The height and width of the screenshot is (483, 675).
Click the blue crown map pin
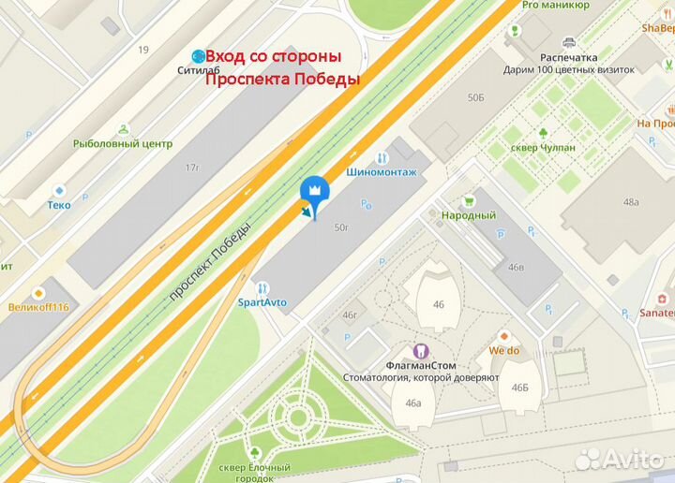313,190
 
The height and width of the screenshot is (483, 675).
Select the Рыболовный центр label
123,143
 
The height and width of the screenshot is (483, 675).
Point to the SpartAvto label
262,302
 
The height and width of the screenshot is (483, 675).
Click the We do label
503,350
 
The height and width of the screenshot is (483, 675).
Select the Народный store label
468,215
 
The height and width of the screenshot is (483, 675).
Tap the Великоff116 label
38,306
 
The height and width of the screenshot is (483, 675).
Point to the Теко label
60,204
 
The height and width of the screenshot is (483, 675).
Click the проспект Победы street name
210,261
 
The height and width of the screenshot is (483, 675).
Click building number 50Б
476,96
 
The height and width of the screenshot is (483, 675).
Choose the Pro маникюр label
555,5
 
